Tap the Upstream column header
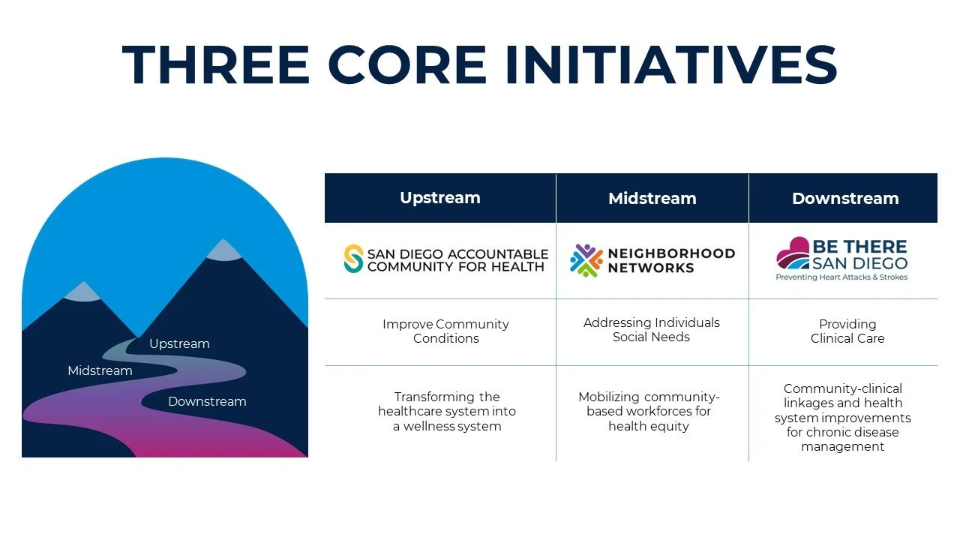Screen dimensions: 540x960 (439, 198)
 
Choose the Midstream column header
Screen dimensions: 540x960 (652, 199)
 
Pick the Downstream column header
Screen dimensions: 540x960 (844, 199)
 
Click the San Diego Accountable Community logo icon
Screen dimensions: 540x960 (353, 259)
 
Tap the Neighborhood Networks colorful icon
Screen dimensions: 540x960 (586, 260)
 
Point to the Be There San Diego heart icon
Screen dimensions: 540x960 (793, 255)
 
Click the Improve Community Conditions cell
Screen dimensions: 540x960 (445, 331)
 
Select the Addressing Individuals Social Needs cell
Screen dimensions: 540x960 (651, 329)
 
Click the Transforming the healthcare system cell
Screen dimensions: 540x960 (446, 411)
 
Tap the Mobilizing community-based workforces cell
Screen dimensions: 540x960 (649, 411)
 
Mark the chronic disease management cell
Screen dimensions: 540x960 (842, 417)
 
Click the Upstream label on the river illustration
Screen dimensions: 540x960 (179, 343)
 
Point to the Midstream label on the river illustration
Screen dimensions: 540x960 (100, 370)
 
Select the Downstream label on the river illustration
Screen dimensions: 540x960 (207, 401)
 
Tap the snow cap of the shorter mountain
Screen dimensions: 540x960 (83, 292)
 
